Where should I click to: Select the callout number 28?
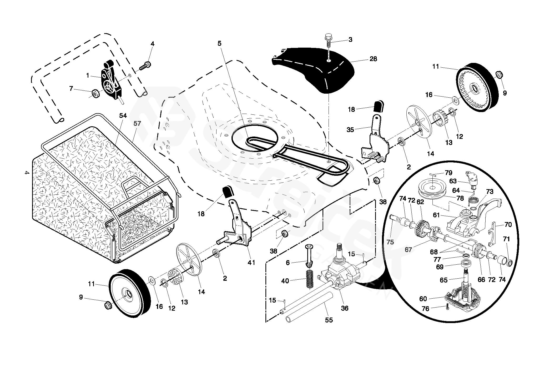[x=373, y=59]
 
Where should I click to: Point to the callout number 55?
[x=329, y=320]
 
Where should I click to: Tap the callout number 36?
[x=344, y=308]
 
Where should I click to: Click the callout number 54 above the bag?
[x=123, y=115]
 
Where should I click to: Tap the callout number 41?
[x=251, y=262]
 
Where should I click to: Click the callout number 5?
[x=220, y=43]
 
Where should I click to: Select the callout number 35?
[x=350, y=130]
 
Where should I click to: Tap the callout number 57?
[x=137, y=123]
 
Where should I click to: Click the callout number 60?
[x=423, y=299]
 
